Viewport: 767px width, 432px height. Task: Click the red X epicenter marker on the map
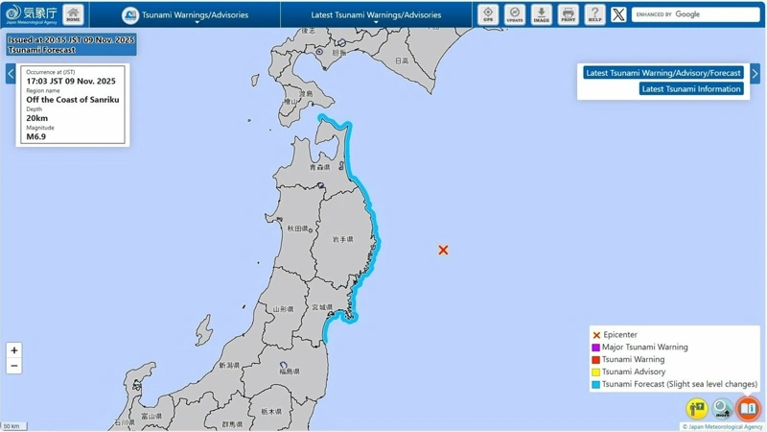pos(443,250)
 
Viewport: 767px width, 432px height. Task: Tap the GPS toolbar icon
pos(488,14)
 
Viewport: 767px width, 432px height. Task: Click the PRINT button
pos(569,14)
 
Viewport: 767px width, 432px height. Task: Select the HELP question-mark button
pos(594,14)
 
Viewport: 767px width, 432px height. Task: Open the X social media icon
pos(618,14)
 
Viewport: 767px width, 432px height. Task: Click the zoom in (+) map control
pos(13,350)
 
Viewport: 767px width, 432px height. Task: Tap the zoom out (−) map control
pos(13,366)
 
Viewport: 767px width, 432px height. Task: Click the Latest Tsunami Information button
pos(691,88)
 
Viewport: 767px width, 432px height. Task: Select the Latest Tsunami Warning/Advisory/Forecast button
pos(662,73)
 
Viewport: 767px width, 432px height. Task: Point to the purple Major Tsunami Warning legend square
pos(596,348)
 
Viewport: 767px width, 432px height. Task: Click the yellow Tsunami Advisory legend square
pos(596,372)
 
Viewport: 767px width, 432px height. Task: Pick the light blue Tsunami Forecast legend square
pos(596,384)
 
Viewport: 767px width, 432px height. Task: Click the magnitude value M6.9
pos(36,136)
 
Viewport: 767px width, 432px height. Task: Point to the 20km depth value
pos(37,118)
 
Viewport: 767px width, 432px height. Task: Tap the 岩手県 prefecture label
pos(342,239)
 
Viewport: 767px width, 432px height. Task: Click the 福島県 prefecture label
pos(290,371)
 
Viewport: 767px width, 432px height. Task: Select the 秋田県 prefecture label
pos(297,228)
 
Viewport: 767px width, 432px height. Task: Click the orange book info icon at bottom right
pos(748,409)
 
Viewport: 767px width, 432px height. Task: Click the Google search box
pos(696,14)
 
